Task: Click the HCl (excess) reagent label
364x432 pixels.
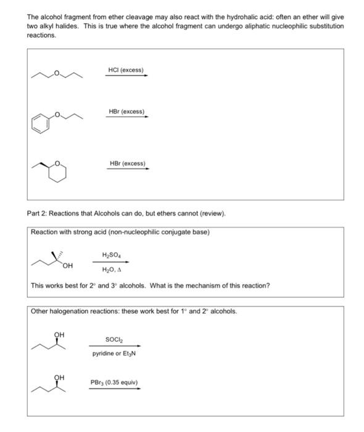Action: [126, 70]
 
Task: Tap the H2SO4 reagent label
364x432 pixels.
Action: [110, 254]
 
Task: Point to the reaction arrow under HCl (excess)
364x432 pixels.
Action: [126, 77]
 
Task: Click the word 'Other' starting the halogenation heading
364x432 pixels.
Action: [41, 310]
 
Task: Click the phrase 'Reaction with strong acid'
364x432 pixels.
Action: [68, 232]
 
